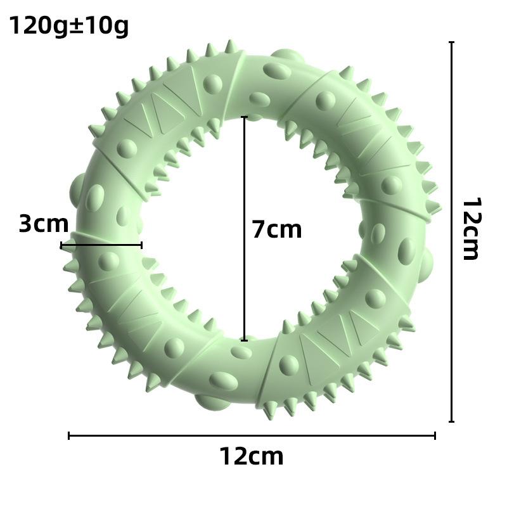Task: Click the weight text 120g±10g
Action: click(68, 27)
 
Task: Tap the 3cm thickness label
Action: click(43, 224)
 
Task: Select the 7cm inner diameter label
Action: click(277, 229)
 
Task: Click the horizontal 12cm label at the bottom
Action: click(252, 456)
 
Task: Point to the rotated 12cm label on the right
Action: click(471, 229)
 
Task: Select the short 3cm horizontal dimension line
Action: click(101, 245)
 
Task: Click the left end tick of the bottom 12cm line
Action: click(68, 435)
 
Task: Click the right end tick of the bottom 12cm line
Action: click(435, 435)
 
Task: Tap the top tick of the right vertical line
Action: click(451, 42)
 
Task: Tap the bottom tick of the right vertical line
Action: click(451, 421)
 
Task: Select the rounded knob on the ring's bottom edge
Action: click(206, 401)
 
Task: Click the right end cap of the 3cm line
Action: click(141, 245)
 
